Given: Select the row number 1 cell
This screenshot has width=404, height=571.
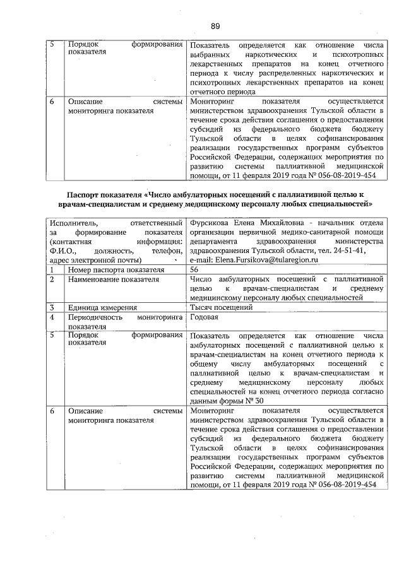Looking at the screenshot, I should click(53, 270).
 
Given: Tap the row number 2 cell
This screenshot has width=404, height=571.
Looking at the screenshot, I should click(53, 280).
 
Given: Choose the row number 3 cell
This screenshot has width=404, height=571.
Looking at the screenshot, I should click(53, 308).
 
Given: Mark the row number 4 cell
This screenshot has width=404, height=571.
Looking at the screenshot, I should click(53, 317).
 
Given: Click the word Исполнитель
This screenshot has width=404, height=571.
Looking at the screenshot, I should click(74, 222).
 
